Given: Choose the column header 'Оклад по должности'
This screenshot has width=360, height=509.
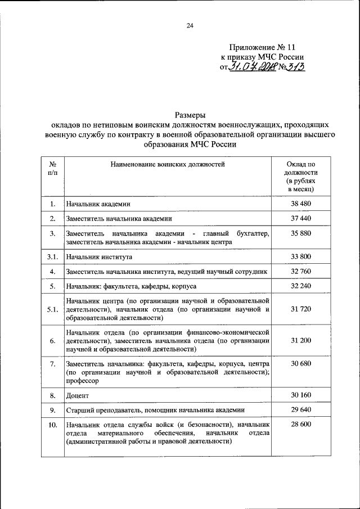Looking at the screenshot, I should [301, 169].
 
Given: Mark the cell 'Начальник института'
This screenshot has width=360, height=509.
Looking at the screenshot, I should [99, 257].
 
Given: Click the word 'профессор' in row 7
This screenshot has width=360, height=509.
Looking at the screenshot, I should [82, 381].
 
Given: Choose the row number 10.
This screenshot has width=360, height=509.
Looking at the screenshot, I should [52, 425].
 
